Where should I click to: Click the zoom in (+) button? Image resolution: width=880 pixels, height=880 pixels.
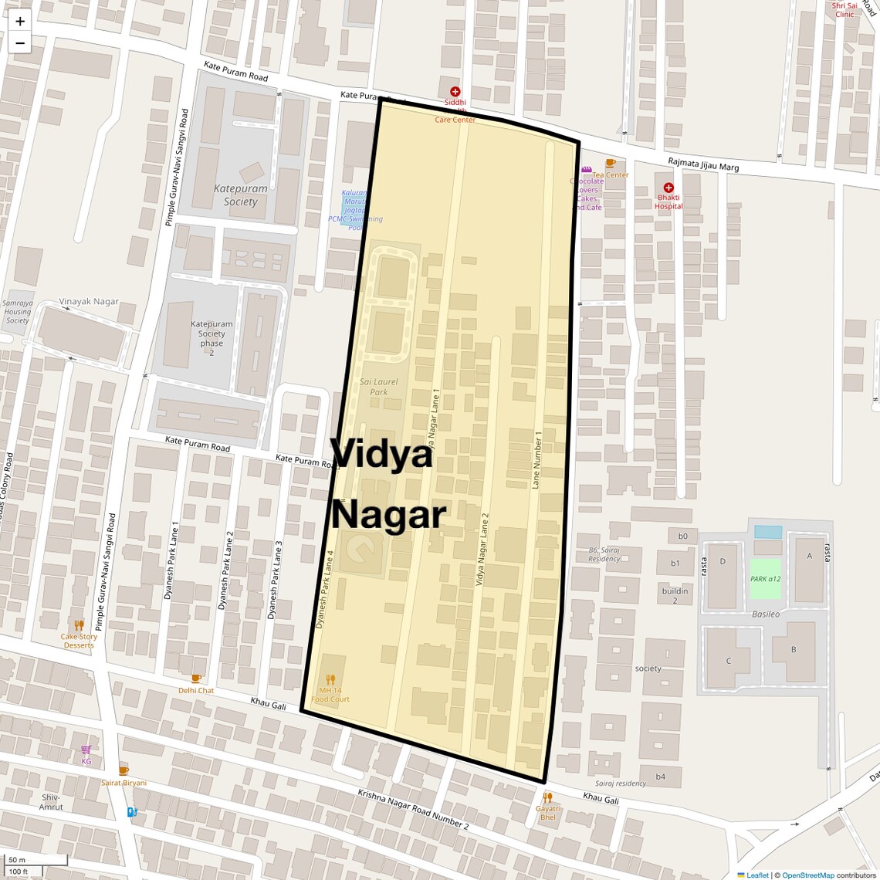coord(20,21)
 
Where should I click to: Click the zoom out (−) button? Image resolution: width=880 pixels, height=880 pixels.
coord(20,43)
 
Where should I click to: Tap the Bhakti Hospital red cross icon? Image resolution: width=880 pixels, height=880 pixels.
coord(668,188)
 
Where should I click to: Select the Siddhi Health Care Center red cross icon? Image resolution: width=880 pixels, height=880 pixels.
coord(455,92)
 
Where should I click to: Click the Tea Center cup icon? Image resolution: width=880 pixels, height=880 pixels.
coord(610,163)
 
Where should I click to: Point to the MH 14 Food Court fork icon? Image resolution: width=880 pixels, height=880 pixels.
coord(330,680)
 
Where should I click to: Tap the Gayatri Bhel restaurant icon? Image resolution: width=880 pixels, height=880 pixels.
coord(547,797)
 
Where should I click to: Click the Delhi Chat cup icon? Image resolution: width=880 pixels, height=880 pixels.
coord(196,679)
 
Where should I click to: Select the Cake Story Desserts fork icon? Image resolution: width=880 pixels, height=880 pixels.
coord(79,624)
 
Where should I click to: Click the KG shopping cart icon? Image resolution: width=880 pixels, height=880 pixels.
coord(86,750)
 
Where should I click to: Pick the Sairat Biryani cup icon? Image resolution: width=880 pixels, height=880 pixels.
coord(124,770)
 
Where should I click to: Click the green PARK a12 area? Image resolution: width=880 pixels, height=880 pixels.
coord(765,578)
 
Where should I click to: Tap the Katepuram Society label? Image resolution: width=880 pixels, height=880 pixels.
coord(241,195)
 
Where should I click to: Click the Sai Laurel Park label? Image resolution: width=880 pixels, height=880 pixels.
coord(379,387)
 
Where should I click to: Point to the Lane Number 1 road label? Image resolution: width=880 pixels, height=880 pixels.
coord(537,460)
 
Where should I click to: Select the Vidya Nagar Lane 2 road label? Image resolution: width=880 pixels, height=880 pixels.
coord(482,549)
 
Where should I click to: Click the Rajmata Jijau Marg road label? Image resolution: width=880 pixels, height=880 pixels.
coord(703,164)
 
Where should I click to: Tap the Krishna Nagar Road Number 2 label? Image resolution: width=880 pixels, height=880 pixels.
coord(413,808)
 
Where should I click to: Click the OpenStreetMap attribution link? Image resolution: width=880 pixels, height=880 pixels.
coord(808,875)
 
